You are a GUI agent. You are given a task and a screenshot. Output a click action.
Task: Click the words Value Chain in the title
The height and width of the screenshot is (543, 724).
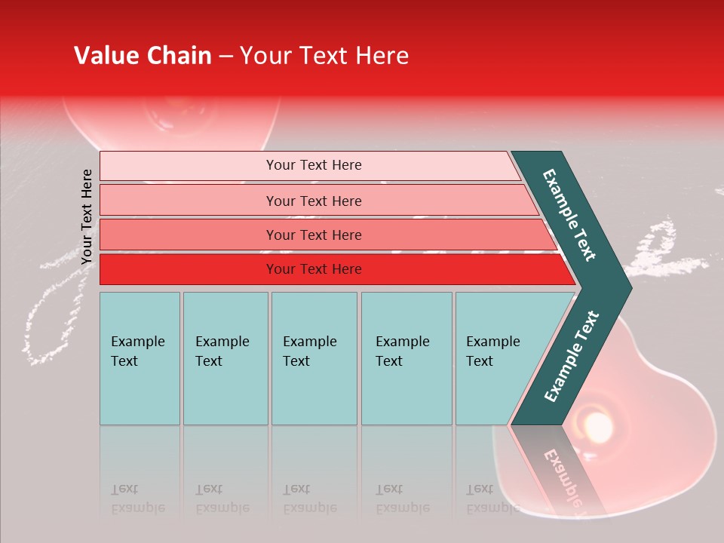(143, 56)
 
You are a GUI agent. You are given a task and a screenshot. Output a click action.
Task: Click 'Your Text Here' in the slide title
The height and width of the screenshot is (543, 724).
(324, 56)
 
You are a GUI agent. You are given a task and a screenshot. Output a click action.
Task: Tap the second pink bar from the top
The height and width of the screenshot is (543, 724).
(314, 201)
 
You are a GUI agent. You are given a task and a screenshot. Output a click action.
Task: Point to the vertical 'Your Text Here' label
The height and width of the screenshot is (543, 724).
(87, 216)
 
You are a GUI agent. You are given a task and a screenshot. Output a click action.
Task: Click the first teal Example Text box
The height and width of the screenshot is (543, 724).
(140, 357)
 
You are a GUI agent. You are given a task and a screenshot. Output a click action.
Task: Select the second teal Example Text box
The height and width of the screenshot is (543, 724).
(225, 357)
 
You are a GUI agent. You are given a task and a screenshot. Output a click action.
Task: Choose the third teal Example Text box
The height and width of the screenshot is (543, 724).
(313, 357)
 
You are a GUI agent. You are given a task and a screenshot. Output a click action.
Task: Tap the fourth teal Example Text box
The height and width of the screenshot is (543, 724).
(406, 357)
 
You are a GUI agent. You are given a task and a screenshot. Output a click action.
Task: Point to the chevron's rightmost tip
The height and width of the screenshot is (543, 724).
(630, 288)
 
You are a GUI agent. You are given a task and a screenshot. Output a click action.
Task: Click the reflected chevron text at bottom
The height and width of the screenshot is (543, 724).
(563, 475)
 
